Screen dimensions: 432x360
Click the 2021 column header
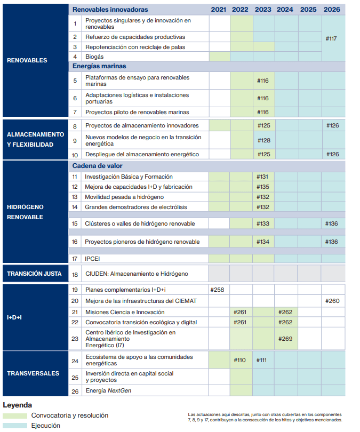(219, 10)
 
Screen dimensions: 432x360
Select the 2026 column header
(332, 10)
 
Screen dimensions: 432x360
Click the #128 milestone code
(264, 140)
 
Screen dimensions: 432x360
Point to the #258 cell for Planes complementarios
(219, 290)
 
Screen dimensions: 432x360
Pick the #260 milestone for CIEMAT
(332, 301)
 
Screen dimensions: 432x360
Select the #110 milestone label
(241, 360)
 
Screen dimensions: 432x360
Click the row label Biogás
(94, 57)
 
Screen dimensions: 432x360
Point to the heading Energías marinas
(99, 66)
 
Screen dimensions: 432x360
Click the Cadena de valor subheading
(97, 166)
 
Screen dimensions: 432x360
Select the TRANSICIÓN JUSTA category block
(35, 274)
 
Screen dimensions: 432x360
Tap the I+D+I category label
(14, 317)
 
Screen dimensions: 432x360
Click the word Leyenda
(17, 405)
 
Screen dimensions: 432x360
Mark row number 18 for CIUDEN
(75, 274)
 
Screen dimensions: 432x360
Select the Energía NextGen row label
(108, 391)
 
